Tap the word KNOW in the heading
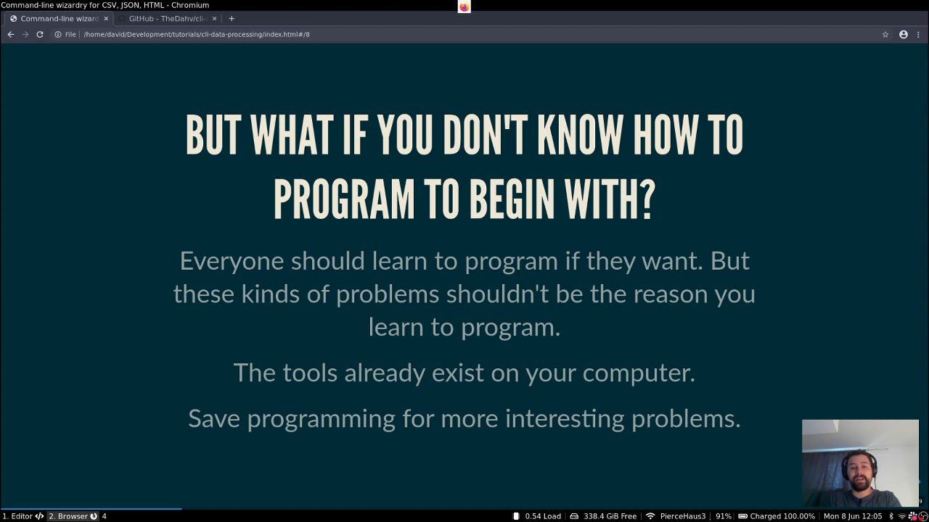click(x=580, y=136)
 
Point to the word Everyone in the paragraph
click(x=232, y=261)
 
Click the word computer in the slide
click(x=638, y=373)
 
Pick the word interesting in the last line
click(x=565, y=418)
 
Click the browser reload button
click(x=40, y=34)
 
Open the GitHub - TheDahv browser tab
click(x=168, y=18)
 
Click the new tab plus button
click(x=232, y=18)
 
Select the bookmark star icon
click(x=885, y=34)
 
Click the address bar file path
click(x=197, y=34)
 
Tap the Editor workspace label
click(x=22, y=516)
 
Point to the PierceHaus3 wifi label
click(x=682, y=516)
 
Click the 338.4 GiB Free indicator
click(x=610, y=516)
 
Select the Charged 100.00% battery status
click(x=782, y=516)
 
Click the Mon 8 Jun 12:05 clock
click(x=852, y=516)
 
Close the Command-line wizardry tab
click(x=106, y=18)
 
